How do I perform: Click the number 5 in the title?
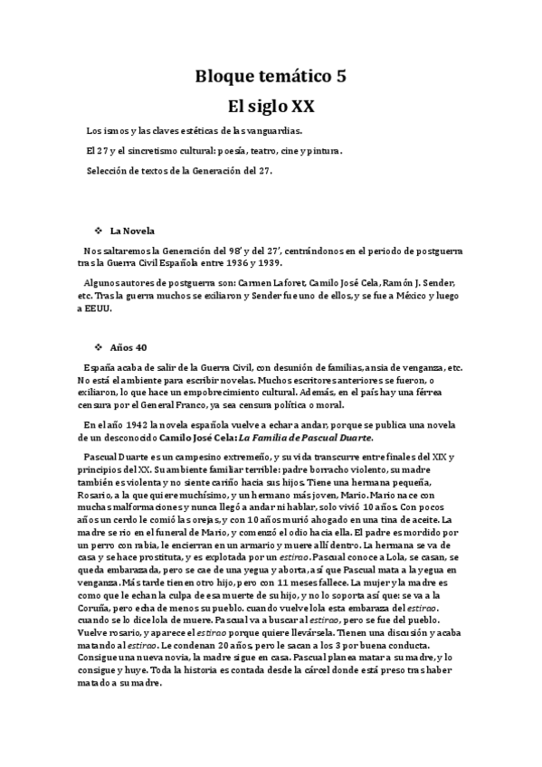(340, 77)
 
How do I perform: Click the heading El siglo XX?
(271, 106)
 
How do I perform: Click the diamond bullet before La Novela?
(98, 230)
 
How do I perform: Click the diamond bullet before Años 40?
(98, 347)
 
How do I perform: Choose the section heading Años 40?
(128, 347)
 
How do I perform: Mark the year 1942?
(136, 423)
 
